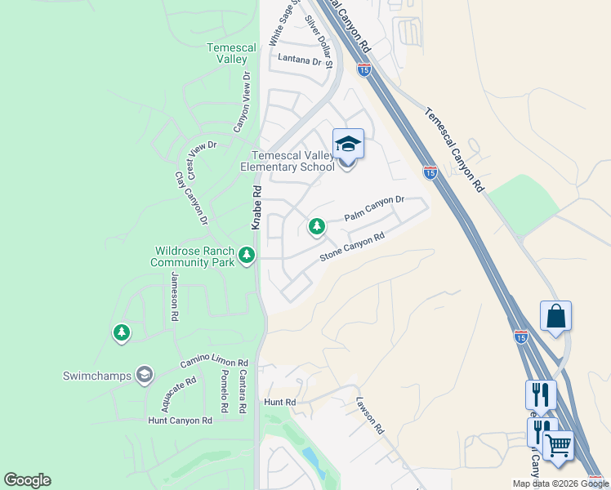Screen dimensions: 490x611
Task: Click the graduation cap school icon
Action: pyautogui.click(x=348, y=145)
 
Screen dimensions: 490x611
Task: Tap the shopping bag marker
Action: pyautogui.click(x=555, y=316)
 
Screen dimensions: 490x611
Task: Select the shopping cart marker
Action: pyautogui.click(x=559, y=446)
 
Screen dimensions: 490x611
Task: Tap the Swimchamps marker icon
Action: pyautogui.click(x=145, y=375)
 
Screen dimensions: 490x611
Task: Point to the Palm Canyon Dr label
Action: pyautogui.click(x=374, y=208)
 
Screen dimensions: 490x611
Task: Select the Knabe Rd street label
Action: pyautogui.click(x=256, y=207)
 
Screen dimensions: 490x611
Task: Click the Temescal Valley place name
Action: pyautogui.click(x=226, y=54)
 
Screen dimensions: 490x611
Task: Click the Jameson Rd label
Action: pyautogui.click(x=174, y=295)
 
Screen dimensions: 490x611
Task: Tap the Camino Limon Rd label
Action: pyautogui.click(x=214, y=363)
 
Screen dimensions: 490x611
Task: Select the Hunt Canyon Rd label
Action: pyautogui.click(x=180, y=420)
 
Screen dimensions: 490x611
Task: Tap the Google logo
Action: pyautogui.click(x=27, y=480)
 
